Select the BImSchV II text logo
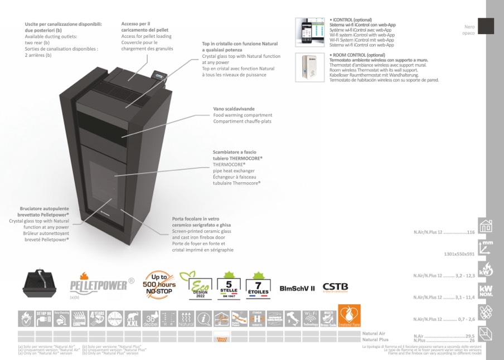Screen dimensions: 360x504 click(297, 289)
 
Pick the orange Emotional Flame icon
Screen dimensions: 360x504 click(350, 316)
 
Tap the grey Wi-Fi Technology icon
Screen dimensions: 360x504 click(311, 318)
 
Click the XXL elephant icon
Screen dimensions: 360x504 click(133, 318)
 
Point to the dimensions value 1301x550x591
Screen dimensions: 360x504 click(459, 254)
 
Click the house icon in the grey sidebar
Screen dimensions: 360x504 click(487, 225)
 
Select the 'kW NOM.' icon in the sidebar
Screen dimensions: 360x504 click(487, 292)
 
